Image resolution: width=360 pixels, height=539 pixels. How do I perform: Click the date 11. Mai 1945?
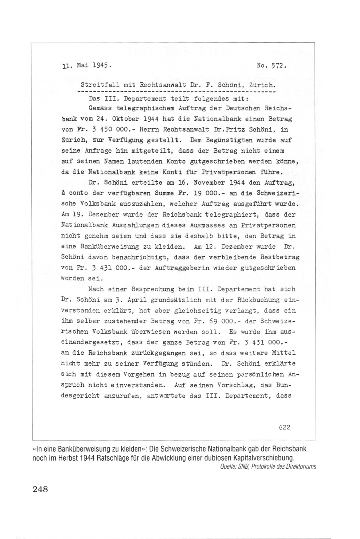click(x=86, y=66)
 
